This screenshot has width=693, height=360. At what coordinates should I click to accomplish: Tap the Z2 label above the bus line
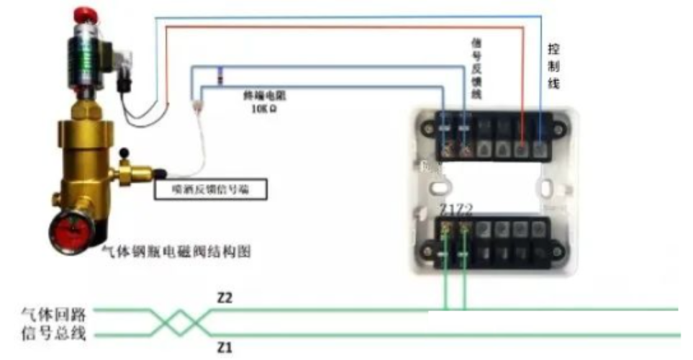(x=226, y=297)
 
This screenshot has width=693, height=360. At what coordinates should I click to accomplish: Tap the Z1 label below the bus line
(x=226, y=348)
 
